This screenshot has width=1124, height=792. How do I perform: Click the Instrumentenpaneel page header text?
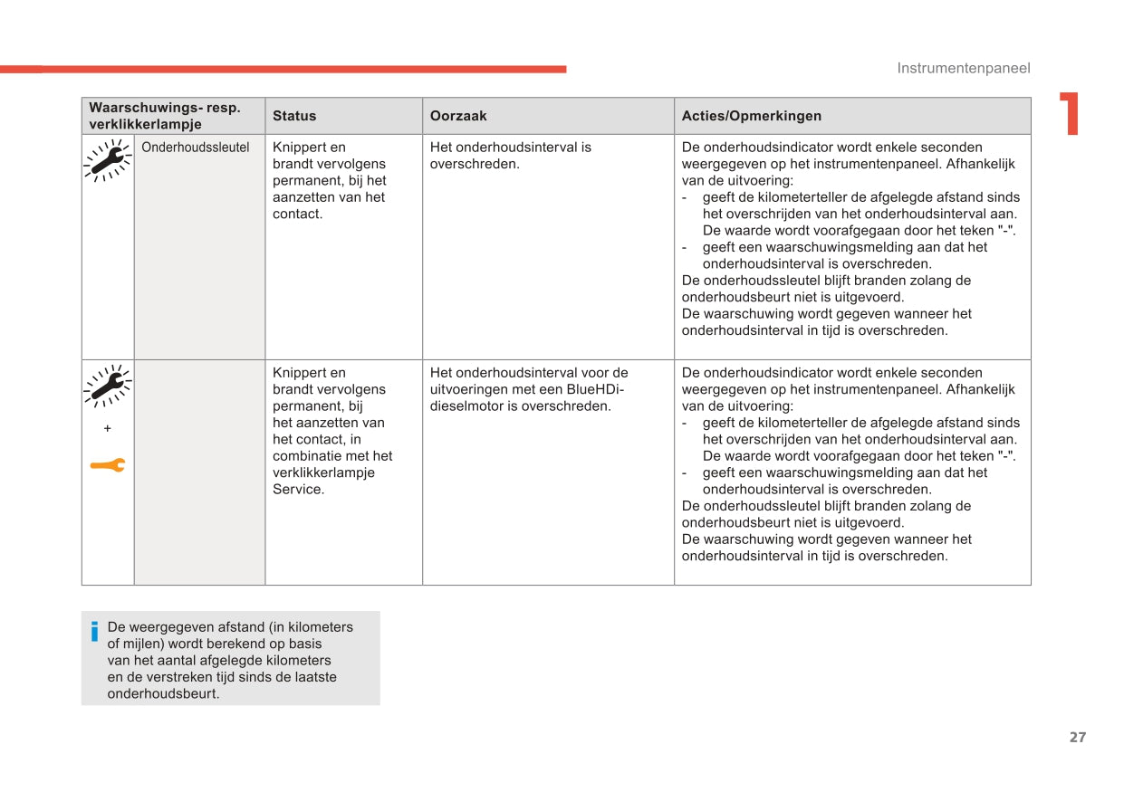tap(963, 68)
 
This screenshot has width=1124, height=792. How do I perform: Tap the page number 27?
tap(1077, 737)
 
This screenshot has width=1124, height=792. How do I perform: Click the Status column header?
tap(294, 116)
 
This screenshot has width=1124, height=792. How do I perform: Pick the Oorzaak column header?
tap(458, 116)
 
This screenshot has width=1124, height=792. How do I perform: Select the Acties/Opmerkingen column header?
tap(751, 116)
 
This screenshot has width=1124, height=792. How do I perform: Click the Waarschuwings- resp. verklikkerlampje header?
tap(165, 116)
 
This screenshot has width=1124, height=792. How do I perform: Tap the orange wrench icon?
tap(107, 465)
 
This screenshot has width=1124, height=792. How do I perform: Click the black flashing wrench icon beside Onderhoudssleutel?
tap(107, 161)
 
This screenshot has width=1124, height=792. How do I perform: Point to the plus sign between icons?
tap(107, 427)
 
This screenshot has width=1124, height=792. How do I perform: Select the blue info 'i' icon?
tap(94, 631)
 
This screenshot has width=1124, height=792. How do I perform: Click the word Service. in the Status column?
tap(298, 490)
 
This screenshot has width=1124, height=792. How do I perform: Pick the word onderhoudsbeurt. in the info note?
tap(163, 694)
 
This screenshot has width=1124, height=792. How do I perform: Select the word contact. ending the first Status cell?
tap(297, 214)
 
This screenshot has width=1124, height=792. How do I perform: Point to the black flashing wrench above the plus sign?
tap(107, 386)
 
